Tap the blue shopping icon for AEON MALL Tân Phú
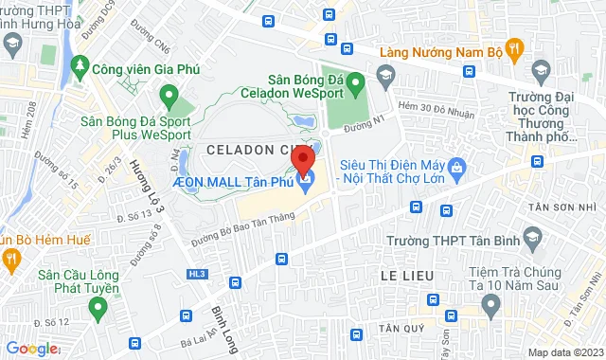tap(305, 181)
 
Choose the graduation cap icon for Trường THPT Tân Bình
tap(532, 237)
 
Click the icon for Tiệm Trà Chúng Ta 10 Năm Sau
tap(490, 303)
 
